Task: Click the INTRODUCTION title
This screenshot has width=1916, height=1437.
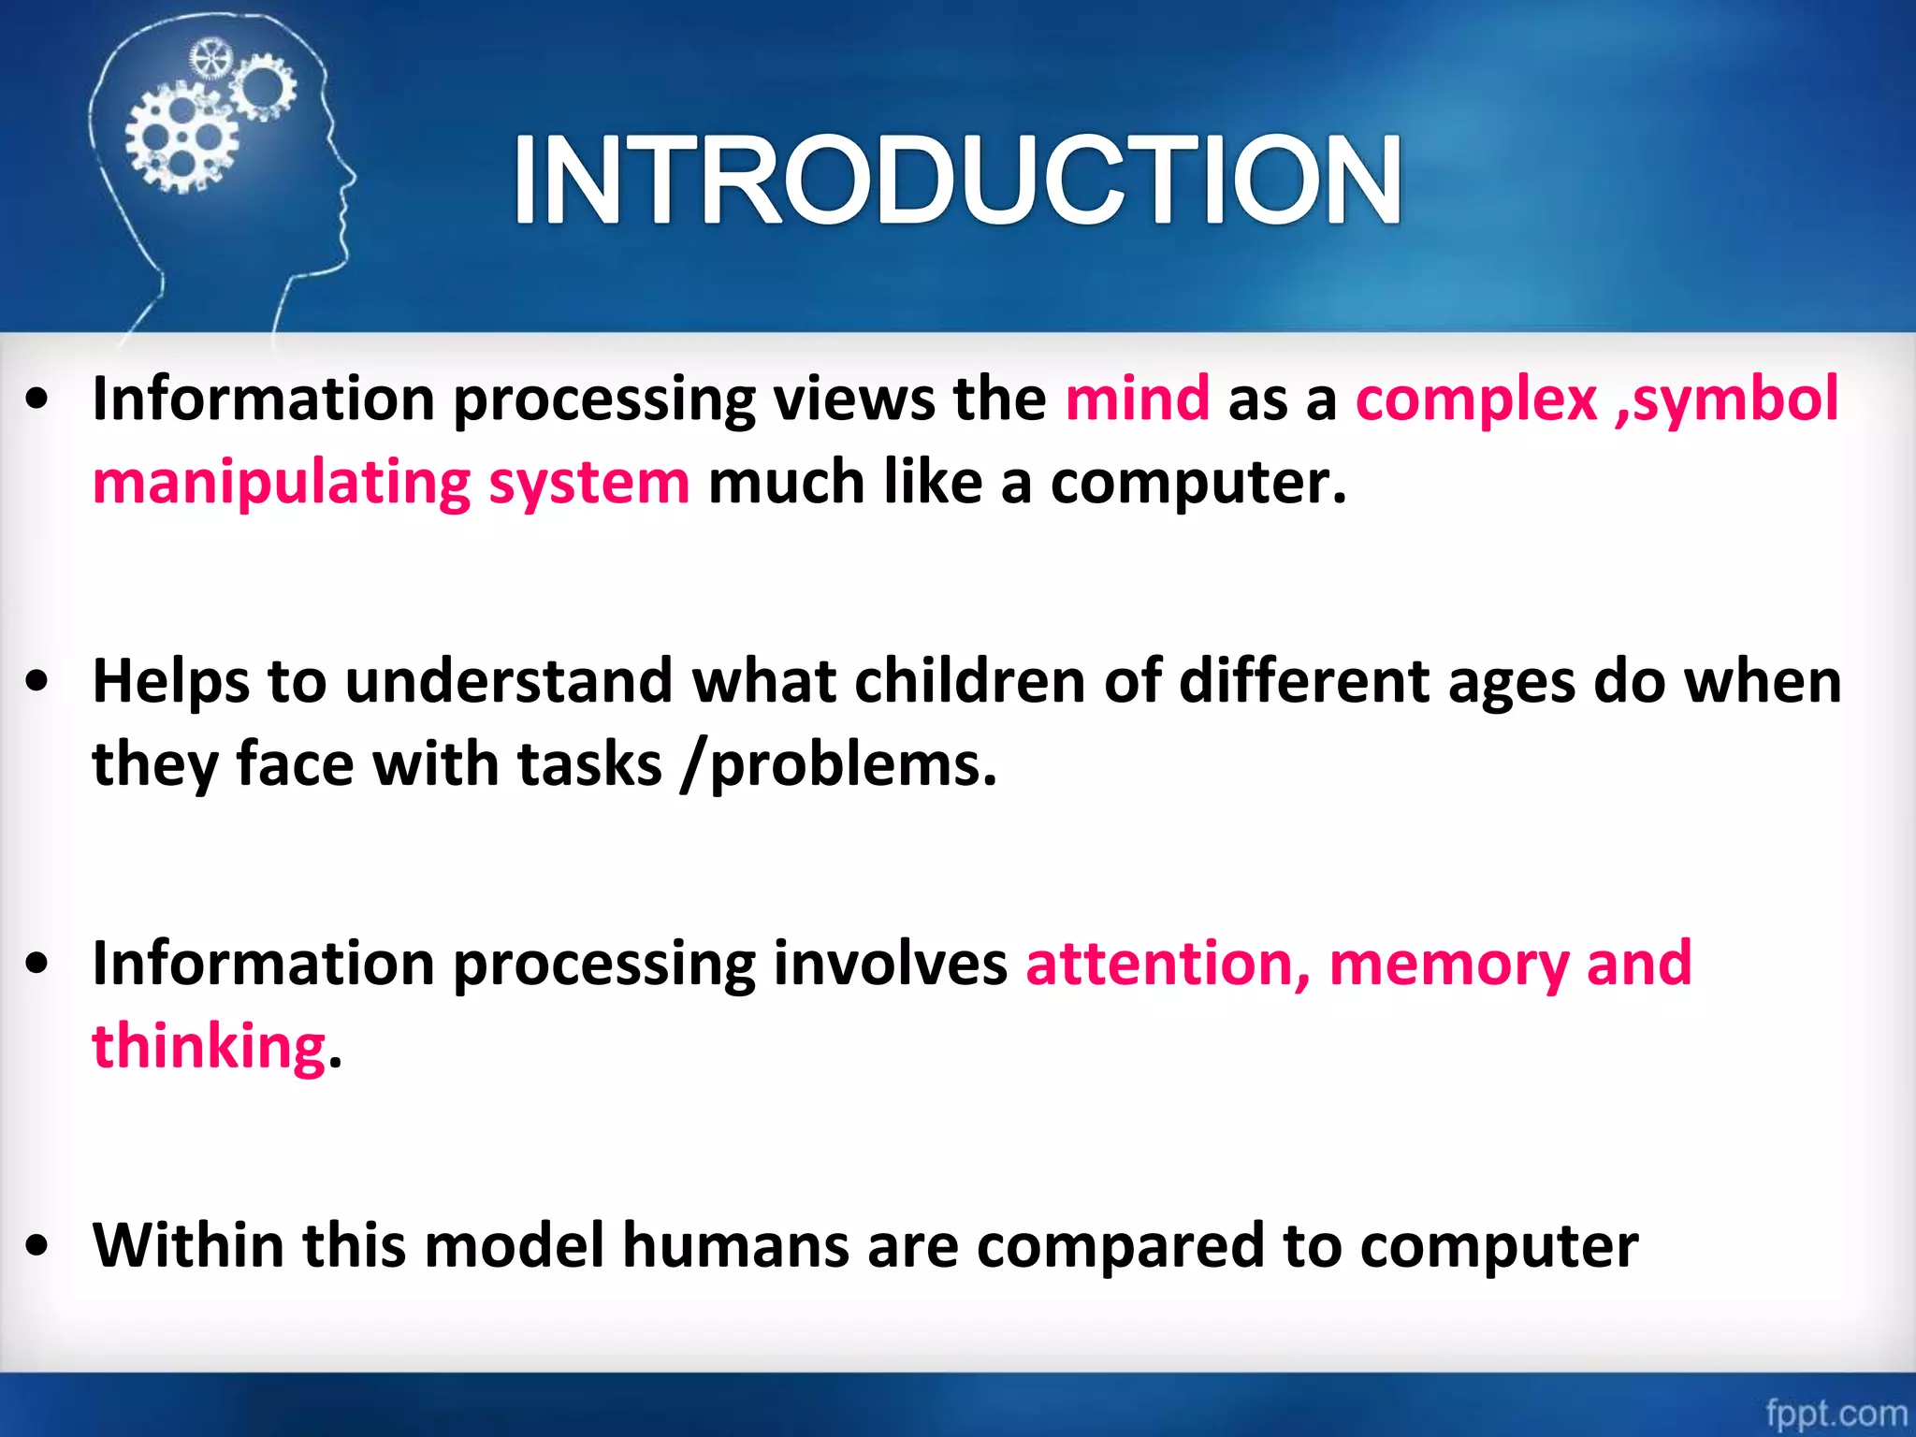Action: (956, 180)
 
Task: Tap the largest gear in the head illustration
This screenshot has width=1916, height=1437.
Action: (181, 138)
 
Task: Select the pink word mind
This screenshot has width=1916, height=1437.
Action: (1137, 399)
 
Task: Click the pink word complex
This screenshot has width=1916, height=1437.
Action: (1475, 399)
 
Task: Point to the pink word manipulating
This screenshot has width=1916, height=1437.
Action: (281, 484)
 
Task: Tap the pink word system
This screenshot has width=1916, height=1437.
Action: (588, 484)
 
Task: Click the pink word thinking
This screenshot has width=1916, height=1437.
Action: (209, 1046)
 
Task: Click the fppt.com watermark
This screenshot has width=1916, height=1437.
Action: (1835, 1412)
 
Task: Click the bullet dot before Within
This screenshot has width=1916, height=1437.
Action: (37, 1246)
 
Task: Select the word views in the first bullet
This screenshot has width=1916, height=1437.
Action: (852, 399)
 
